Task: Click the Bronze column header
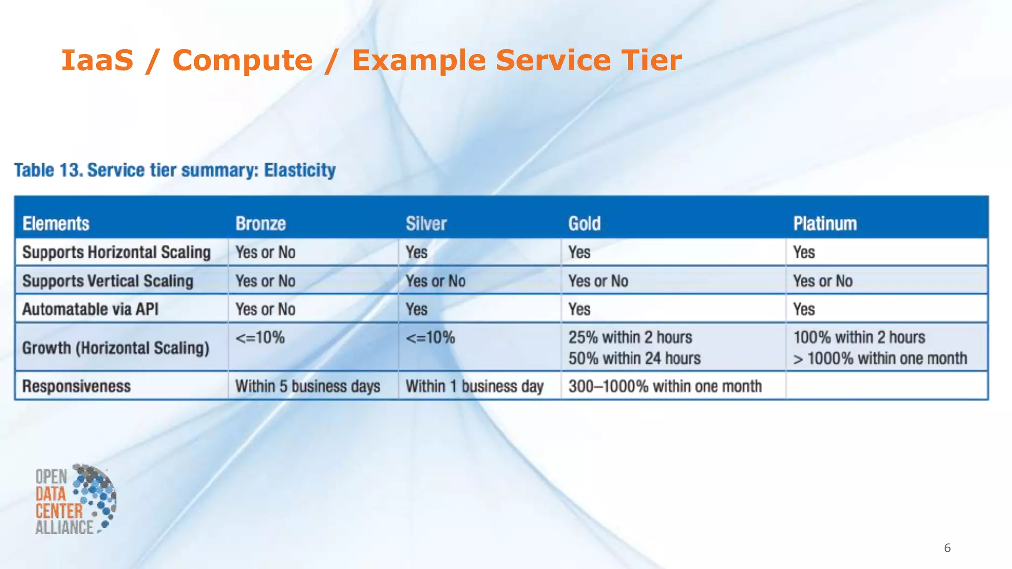[260, 224]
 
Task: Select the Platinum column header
[825, 224]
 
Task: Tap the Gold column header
[584, 224]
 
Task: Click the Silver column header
[426, 224]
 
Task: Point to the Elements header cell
[56, 224]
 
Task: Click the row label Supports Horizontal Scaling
[116, 252]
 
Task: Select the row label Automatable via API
[90, 309]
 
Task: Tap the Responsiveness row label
[77, 386]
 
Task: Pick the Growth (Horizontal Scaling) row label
[116, 348]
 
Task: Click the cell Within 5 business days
[307, 386]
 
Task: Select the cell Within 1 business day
[474, 386]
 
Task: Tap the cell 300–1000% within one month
[665, 386]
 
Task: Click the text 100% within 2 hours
[859, 337]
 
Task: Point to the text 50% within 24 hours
[634, 358]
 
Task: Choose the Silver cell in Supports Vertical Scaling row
[435, 281]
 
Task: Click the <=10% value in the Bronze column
[260, 338]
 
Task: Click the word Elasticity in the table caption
[299, 170]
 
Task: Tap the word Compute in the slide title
[242, 60]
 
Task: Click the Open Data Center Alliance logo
[75, 499]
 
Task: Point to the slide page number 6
[947, 548]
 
